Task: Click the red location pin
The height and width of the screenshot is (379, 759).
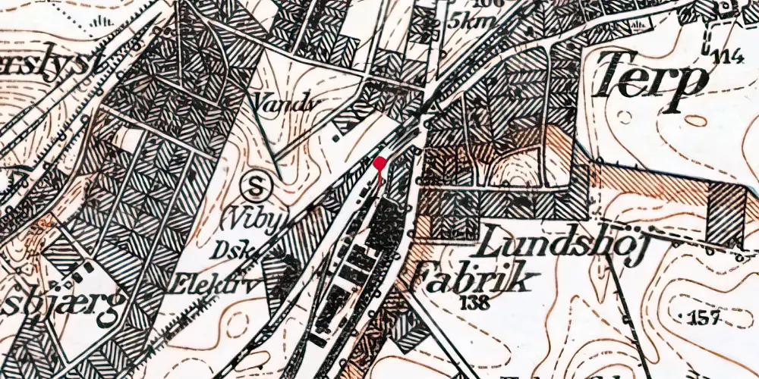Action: [380, 164]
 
